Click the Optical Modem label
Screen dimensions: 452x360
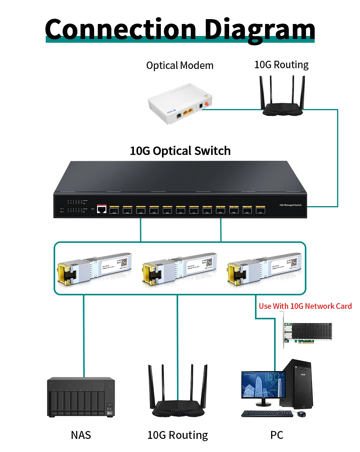(x=180, y=66)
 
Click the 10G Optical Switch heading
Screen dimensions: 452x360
(x=180, y=151)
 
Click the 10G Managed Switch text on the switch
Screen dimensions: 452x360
(x=290, y=205)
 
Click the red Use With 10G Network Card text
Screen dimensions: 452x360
(x=305, y=306)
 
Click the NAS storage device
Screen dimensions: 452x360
(x=81, y=397)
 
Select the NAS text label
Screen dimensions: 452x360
(x=81, y=435)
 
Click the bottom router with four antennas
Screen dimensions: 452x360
(x=178, y=397)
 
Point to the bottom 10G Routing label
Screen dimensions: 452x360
(x=178, y=435)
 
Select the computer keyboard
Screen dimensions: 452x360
(x=267, y=414)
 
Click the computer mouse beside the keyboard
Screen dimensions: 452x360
(x=301, y=414)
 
